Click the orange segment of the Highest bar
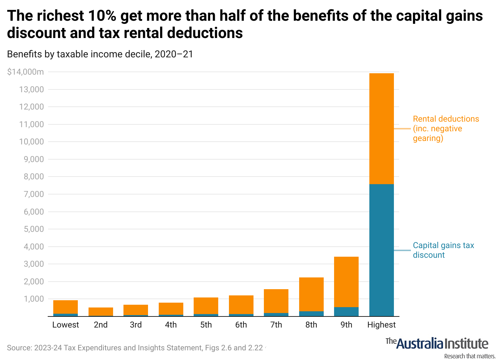click(381, 129)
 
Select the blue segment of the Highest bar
click(381, 250)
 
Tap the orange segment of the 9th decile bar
click(346, 282)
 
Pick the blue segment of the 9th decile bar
click(346, 312)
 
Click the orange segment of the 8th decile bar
click(311, 294)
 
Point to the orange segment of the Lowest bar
click(65, 307)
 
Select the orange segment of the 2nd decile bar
click(101, 311)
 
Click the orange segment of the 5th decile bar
click(206, 306)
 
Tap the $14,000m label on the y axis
click(26, 72)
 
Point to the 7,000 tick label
click(34, 194)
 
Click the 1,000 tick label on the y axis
click(34, 299)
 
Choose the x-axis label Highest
click(381, 325)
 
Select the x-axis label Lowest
click(65, 325)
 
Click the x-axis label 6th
click(241, 325)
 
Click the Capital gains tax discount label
click(443, 250)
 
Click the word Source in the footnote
click(18, 348)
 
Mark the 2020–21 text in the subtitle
click(174, 54)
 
